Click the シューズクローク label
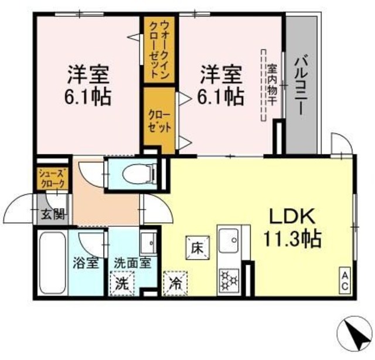(x=52, y=178)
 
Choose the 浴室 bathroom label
(x=86, y=262)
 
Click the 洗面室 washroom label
(x=132, y=262)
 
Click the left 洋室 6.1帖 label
(x=88, y=85)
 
